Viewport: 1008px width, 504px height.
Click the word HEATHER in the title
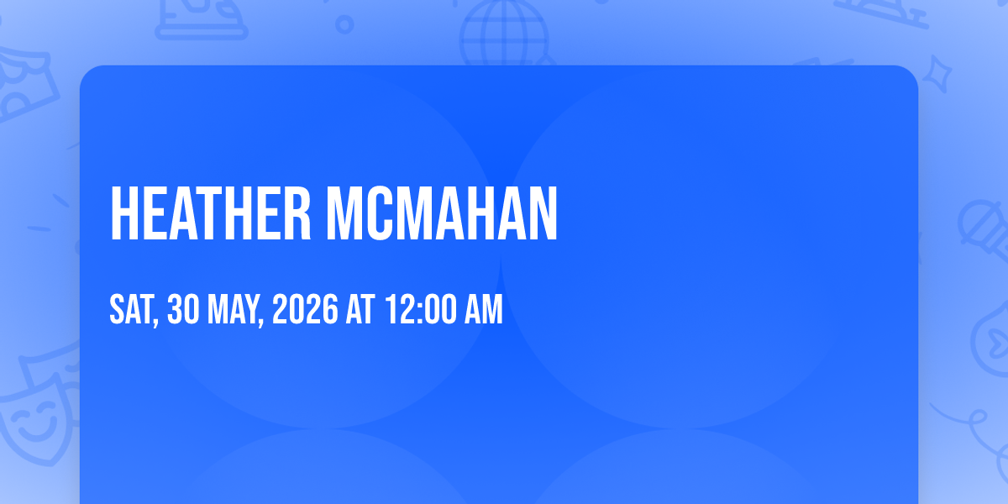[x=211, y=213]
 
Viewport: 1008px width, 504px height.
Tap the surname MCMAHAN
[x=442, y=213]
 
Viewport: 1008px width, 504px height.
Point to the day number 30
[x=183, y=309]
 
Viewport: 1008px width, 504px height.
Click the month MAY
[x=233, y=309]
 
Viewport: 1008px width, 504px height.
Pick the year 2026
[x=305, y=309]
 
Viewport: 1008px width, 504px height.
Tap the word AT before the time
[x=360, y=309]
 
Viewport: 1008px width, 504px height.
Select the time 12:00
[x=420, y=309]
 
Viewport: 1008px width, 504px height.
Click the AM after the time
[x=483, y=309]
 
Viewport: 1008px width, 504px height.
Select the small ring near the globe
[x=344, y=24]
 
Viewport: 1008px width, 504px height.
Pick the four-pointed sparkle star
[x=937, y=74]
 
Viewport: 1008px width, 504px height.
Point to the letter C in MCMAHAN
[x=381, y=213]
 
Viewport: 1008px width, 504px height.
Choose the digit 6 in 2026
[x=330, y=309]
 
